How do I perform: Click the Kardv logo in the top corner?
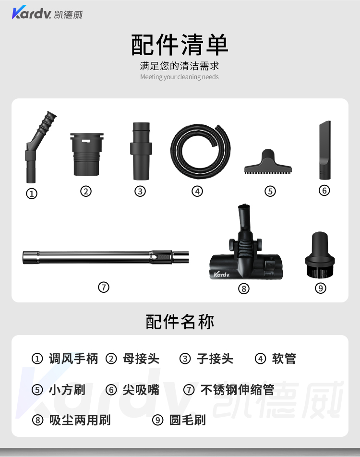pos(47,12)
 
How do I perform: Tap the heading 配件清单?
pos(180,45)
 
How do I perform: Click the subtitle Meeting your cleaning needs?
pos(179,77)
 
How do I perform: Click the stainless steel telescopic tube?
pos(106,257)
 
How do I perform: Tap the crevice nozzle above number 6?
pos(325,150)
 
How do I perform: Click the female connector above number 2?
pos(87,155)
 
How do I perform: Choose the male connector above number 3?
pos(141,151)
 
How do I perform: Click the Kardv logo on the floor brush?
pos(222,274)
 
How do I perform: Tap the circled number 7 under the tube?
pos(104,288)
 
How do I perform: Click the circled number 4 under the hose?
pos(197,192)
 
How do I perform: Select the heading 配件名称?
pos(180,322)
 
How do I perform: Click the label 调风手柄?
pos(73,359)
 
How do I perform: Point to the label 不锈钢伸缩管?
pos(237,390)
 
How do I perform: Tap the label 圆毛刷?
pos(187,420)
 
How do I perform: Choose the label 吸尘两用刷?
pos(80,420)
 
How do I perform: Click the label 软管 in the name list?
pos(284,359)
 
